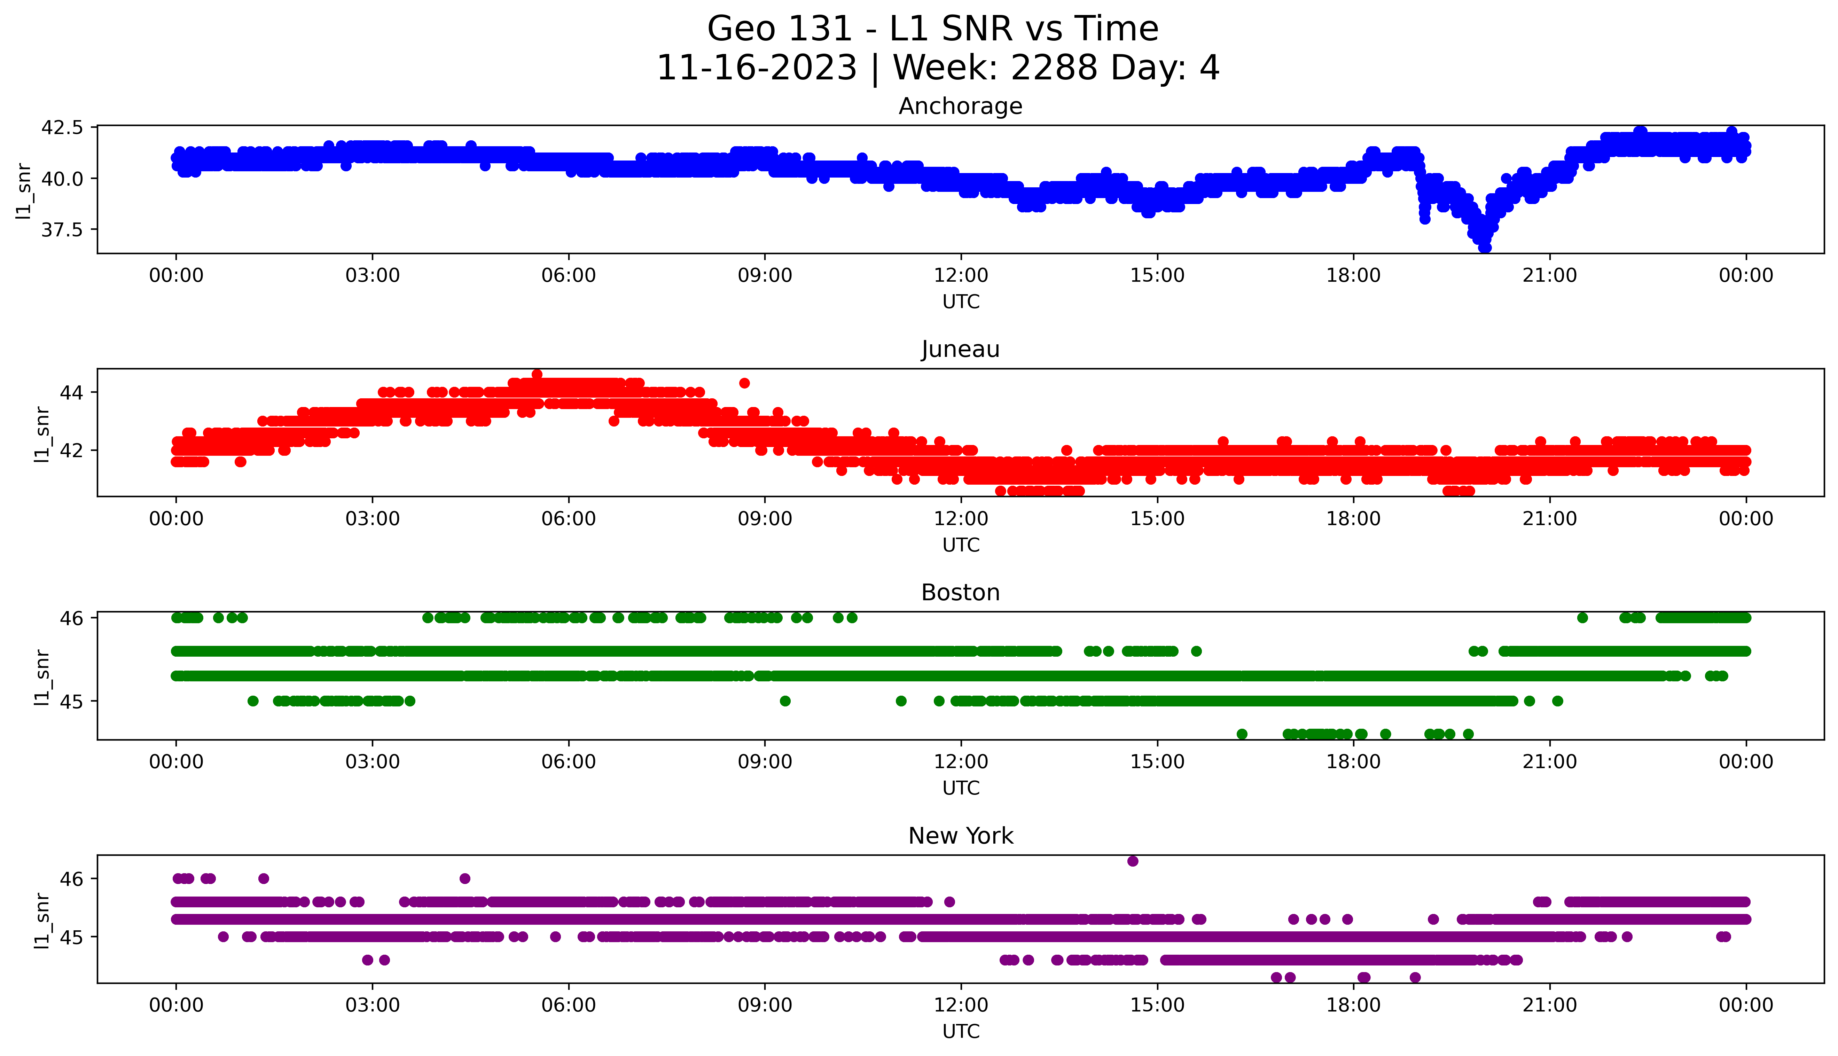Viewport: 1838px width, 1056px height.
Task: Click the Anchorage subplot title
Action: tap(960, 107)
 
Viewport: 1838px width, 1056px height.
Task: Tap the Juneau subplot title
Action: tap(960, 350)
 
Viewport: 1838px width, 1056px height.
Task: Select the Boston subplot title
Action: tap(960, 593)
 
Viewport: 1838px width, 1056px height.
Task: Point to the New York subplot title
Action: tap(960, 836)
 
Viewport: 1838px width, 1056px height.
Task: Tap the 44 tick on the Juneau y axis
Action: tap(72, 392)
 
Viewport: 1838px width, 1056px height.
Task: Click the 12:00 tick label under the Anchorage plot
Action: tap(961, 276)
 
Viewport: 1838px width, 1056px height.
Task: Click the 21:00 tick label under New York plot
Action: tap(1549, 1005)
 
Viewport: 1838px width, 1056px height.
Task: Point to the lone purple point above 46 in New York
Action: tap(1133, 861)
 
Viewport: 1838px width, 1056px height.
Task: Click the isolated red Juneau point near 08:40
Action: tap(744, 383)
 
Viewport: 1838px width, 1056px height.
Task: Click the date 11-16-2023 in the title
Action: tap(756, 68)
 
